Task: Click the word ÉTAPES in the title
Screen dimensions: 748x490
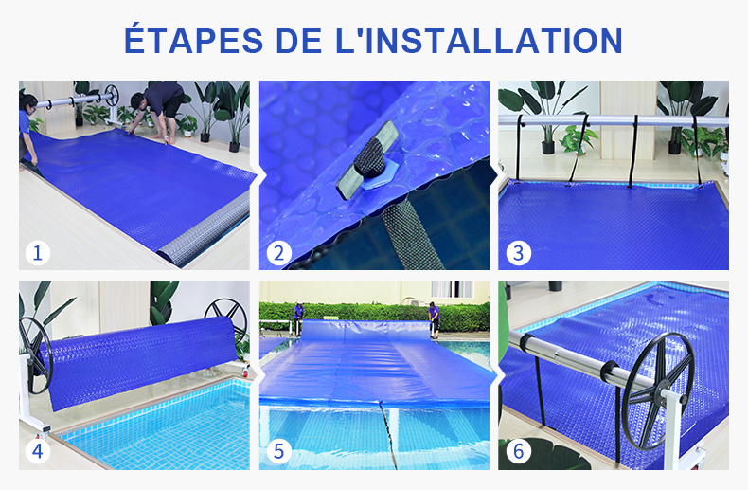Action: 194,40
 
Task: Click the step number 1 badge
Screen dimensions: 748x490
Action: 38,253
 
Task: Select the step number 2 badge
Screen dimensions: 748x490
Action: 278,253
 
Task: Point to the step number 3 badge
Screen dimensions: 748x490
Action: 518,253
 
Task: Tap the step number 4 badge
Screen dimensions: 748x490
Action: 38,451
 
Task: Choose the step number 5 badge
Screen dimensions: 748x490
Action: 278,451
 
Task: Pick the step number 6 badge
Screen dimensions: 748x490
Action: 518,451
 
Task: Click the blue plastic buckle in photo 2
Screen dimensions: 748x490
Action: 378,175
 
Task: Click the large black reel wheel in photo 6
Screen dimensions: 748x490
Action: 658,390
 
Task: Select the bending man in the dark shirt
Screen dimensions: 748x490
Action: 155,111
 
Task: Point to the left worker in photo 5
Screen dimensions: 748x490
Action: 298,318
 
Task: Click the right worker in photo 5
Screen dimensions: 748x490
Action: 434,319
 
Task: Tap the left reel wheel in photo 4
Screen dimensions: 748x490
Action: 35,355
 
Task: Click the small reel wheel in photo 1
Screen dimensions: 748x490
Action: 112,95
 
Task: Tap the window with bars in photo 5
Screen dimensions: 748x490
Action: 453,289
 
